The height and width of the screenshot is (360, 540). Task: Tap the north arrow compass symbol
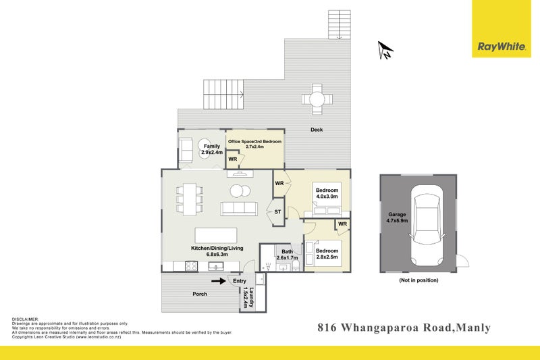(385, 49)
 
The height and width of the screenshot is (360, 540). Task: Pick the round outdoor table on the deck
(317, 99)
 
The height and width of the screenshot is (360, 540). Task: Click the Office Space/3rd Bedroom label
(254, 144)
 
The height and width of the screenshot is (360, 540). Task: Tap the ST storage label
(277, 212)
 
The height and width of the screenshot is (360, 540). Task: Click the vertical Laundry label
(249, 298)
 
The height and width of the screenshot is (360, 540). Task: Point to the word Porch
(200, 293)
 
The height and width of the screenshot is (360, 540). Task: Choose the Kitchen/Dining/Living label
(217, 252)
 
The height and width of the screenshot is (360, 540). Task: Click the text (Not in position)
(418, 280)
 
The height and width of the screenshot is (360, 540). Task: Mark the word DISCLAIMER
(25, 318)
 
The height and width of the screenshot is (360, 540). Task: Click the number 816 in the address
(329, 329)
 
